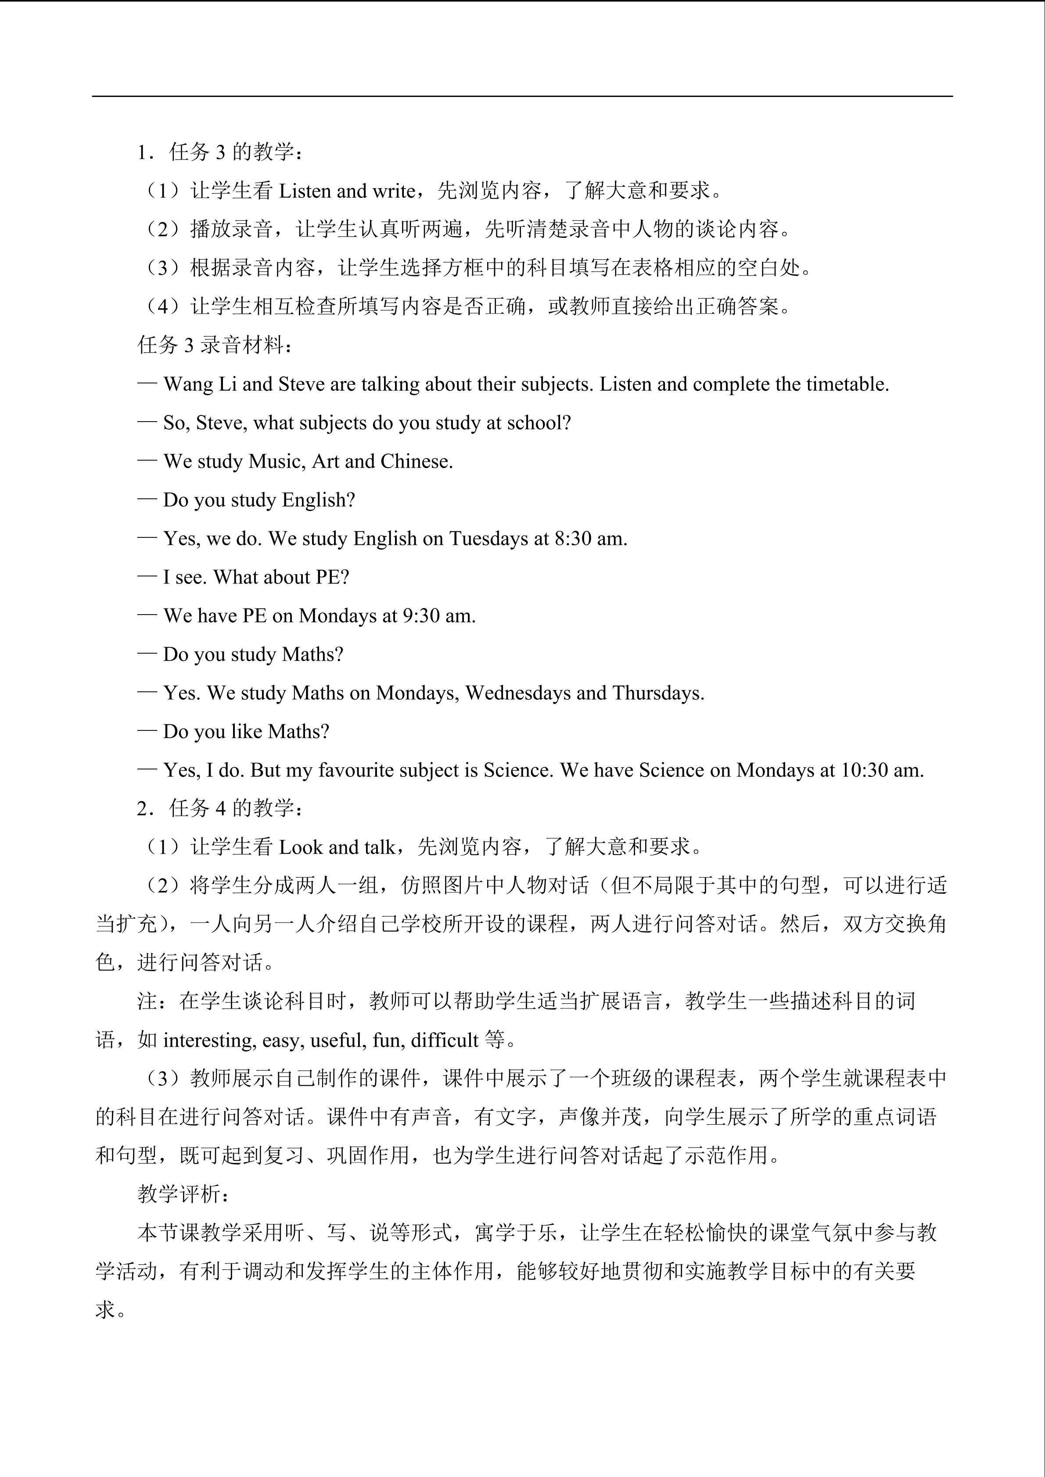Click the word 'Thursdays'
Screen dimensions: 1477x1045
657,693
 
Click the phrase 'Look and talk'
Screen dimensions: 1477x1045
337,847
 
